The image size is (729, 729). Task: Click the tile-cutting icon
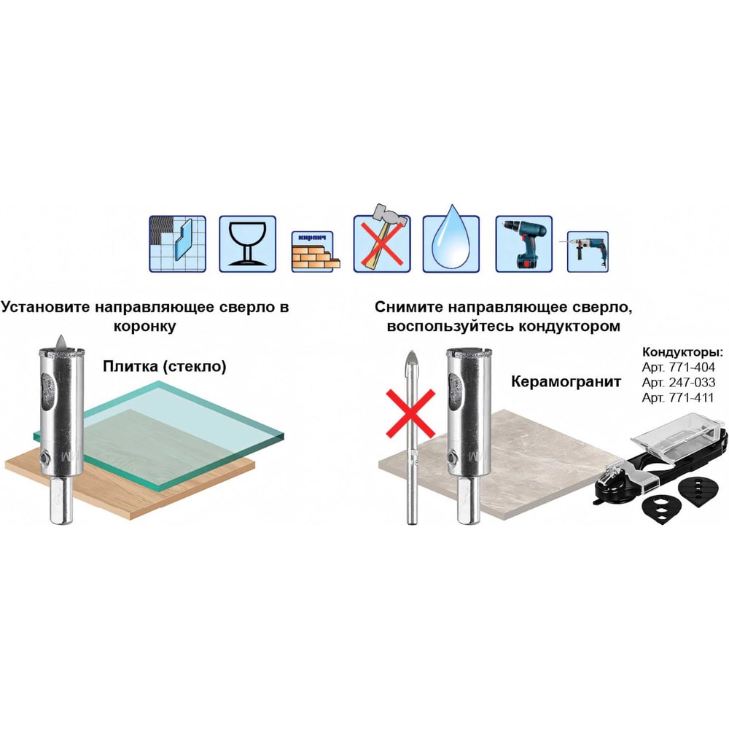[x=177, y=243]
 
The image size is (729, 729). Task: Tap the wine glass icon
[x=247, y=243]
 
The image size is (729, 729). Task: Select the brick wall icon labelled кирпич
[x=315, y=252]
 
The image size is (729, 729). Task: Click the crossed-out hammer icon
[x=382, y=238]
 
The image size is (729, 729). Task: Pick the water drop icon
[x=451, y=239]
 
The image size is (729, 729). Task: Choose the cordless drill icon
[x=523, y=243]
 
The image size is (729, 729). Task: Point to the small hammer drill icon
[x=588, y=252]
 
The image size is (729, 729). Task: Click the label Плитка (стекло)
[x=165, y=367]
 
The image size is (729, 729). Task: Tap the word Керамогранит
[x=566, y=382]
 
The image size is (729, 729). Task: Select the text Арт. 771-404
[x=678, y=367]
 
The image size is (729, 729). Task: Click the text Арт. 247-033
[x=678, y=383]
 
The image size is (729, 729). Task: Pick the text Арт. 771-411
[x=677, y=398]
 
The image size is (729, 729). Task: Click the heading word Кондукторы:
[x=682, y=351]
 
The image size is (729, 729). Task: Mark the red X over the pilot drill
[x=410, y=413]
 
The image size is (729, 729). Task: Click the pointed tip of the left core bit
[x=61, y=335]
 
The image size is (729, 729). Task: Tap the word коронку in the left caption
[x=144, y=326]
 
